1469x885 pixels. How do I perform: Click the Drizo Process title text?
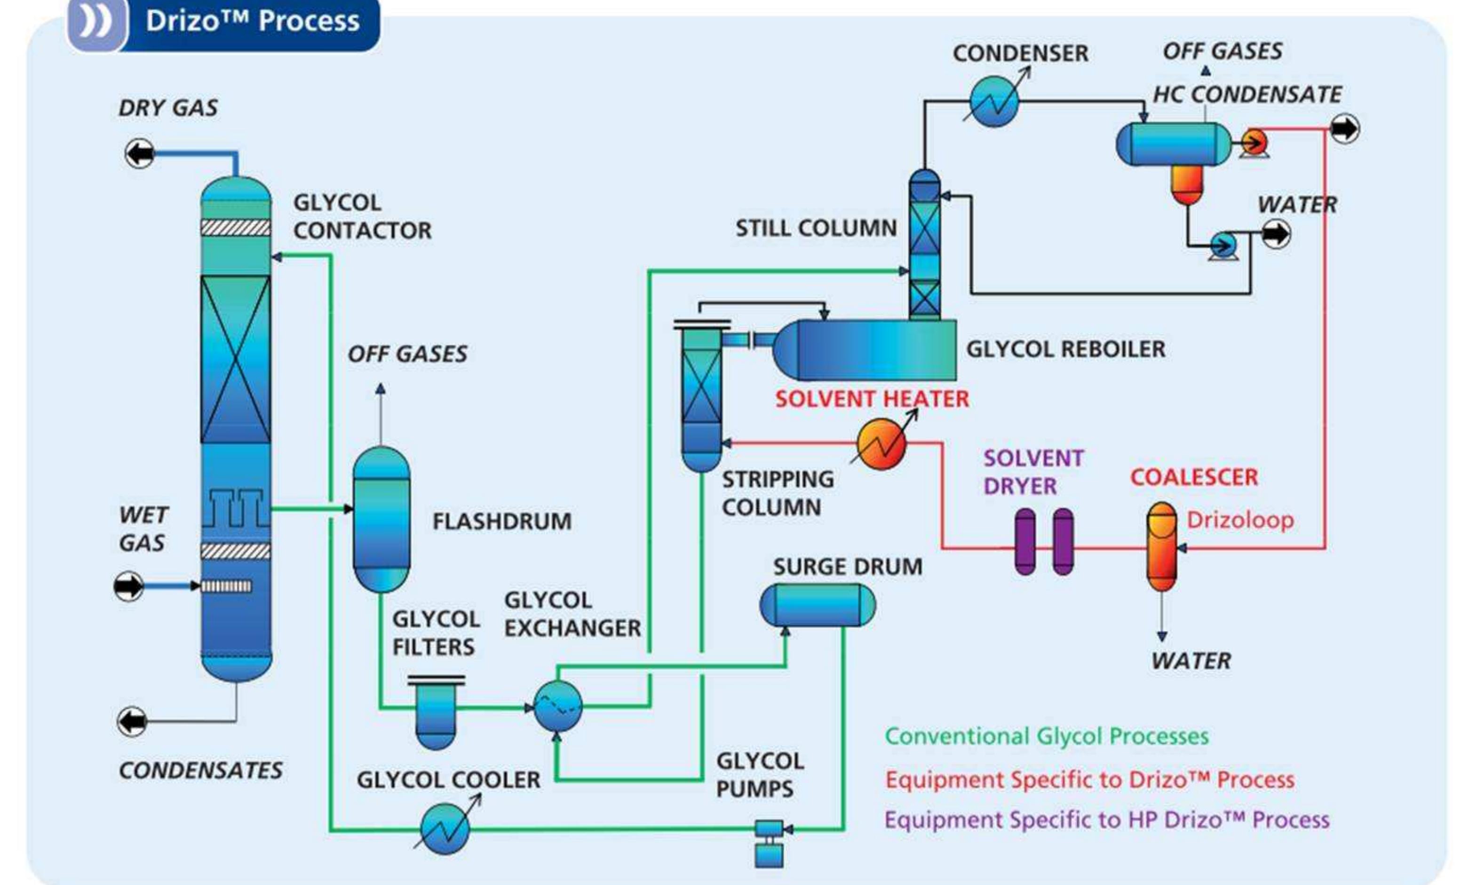coord(252,22)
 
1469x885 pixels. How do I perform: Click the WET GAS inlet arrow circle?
coord(129,586)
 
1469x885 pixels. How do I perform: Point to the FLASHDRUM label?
coord(501,521)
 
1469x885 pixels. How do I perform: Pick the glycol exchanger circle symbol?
coord(557,706)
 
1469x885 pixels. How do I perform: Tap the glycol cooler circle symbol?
coord(445,829)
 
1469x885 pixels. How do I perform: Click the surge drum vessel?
coord(818,605)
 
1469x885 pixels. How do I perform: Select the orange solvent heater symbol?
coord(881,444)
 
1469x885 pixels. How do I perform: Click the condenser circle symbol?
coord(994,101)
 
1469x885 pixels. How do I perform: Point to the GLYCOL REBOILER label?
coord(1065,349)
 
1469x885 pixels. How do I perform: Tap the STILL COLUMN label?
coord(816,228)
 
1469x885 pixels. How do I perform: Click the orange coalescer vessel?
coord(1161,546)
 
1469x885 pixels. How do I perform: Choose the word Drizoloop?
coord(1240,520)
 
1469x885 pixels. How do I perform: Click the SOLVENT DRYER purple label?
coord(1032,472)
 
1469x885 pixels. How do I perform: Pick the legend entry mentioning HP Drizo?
coord(1106,820)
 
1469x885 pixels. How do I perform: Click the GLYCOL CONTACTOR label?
coord(362,216)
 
